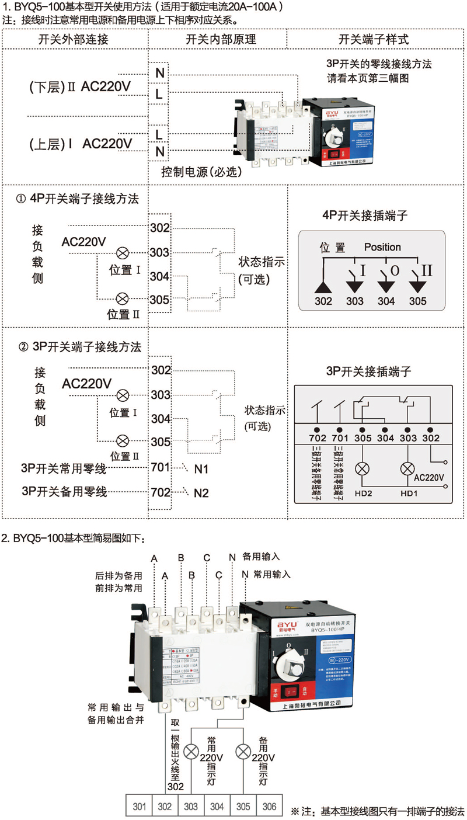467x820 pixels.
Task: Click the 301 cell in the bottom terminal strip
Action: point(139,807)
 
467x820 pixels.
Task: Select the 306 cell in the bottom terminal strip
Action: point(269,807)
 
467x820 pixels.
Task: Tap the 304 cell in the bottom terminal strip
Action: point(217,807)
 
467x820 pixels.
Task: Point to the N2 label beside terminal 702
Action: point(201,493)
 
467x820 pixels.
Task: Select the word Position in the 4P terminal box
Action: point(382,247)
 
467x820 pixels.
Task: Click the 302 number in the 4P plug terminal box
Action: point(323,301)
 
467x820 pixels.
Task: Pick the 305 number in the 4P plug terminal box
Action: point(417,301)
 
